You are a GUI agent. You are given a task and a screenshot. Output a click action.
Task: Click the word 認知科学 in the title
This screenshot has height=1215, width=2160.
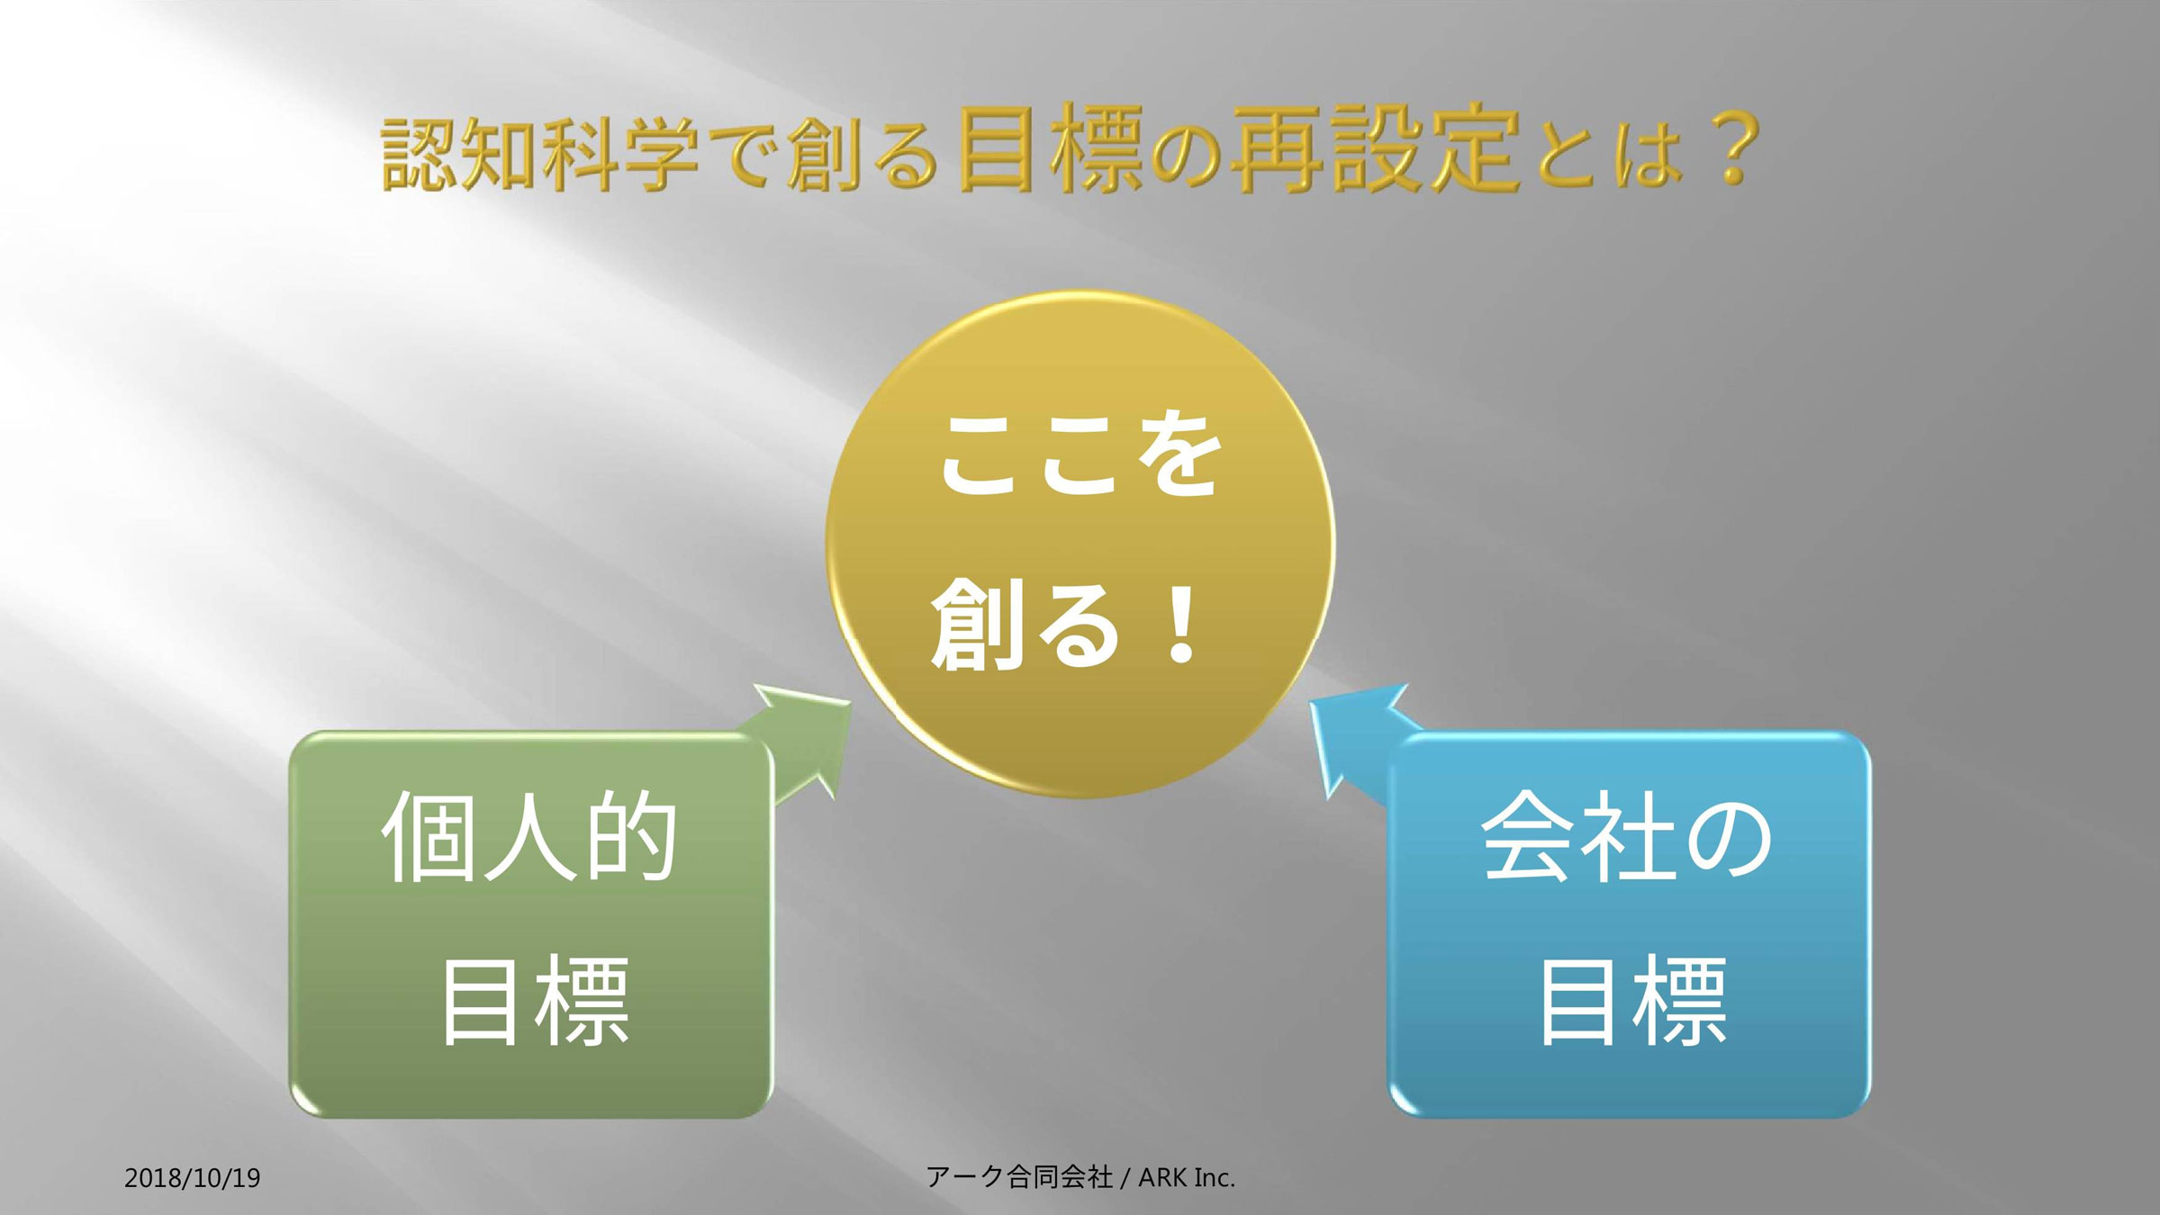540,154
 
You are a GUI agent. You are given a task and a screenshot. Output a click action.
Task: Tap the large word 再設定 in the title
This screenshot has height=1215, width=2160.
1376,149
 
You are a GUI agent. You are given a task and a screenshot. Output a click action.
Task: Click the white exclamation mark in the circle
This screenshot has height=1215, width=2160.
1180,623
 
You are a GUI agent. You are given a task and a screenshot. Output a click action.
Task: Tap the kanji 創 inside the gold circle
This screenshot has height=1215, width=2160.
976,624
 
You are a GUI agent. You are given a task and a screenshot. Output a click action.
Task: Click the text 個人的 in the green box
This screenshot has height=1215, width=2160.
530,835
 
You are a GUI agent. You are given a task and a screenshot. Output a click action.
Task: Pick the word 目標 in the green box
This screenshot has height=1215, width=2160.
535,1001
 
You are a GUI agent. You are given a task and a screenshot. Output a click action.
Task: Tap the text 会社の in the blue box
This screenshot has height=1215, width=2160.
1627,835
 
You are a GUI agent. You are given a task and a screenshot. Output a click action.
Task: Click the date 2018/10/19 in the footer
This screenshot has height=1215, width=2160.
193,1178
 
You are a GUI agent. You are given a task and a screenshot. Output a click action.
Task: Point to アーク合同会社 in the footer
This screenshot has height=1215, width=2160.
1019,1176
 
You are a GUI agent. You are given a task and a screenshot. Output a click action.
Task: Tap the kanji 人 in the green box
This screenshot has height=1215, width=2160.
530,835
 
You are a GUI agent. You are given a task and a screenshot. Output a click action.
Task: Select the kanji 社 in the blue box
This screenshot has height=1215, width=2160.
1627,835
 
